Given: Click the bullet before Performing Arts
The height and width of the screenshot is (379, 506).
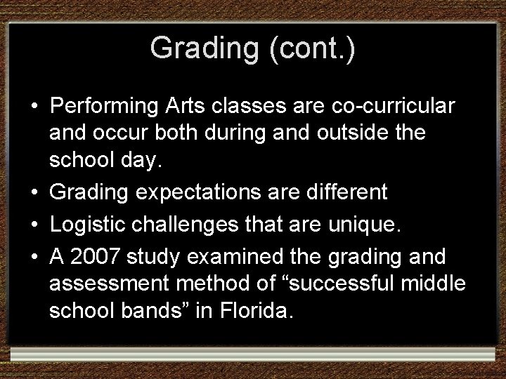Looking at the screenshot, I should [x=34, y=107].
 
